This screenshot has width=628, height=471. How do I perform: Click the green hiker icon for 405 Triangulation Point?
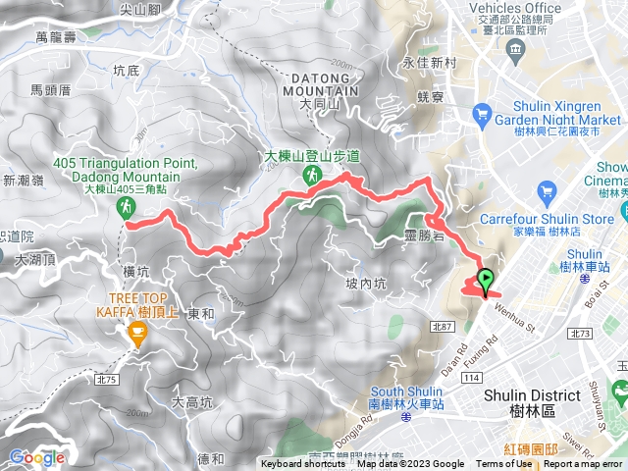(x=126, y=207)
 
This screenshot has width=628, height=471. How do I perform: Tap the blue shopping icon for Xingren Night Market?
(x=482, y=116)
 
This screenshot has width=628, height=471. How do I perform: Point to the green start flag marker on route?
(x=486, y=279)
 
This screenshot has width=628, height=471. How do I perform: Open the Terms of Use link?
(x=504, y=464)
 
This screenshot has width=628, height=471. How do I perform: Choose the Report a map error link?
(x=583, y=464)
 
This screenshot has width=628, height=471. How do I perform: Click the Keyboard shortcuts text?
(x=303, y=464)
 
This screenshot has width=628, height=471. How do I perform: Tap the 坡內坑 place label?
(x=368, y=284)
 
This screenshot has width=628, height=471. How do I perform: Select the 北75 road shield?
(x=106, y=379)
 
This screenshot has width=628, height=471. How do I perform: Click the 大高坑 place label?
(x=192, y=401)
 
